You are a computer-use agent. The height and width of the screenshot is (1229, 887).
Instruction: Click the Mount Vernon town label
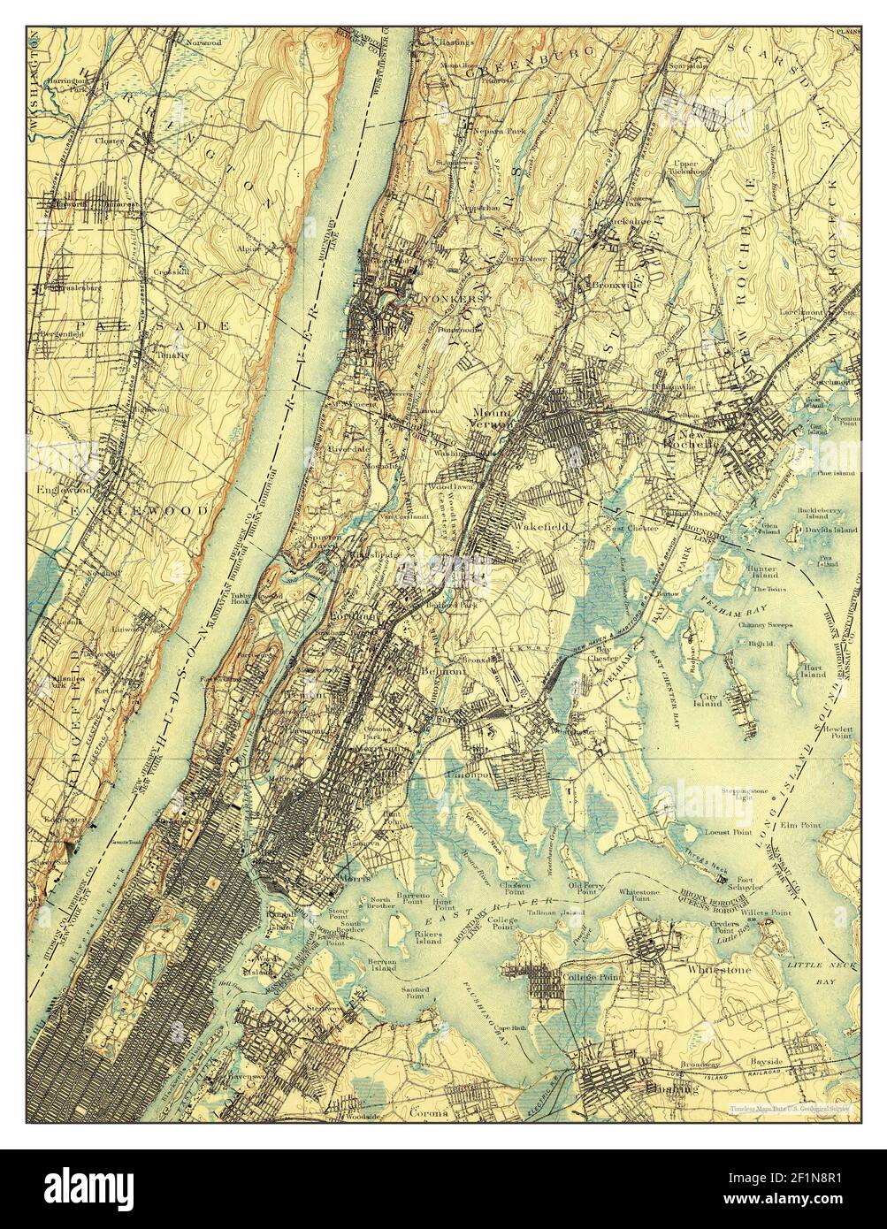pos(493,417)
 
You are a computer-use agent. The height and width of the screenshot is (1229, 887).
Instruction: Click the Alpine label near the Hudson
pos(249,248)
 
